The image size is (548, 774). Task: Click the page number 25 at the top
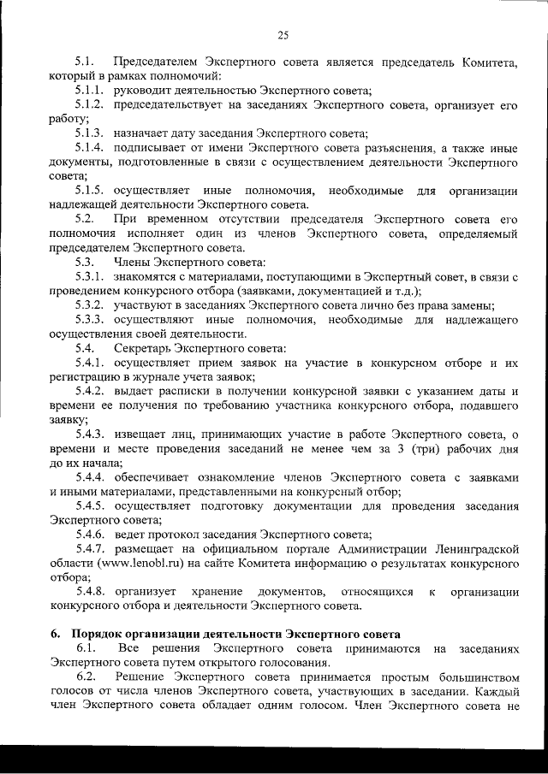pyautogui.click(x=283, y=35)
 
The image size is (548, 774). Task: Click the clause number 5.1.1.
pyautogui.click(x=90, y=91)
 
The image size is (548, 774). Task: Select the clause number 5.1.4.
pyautogui.click(x=90, y=147)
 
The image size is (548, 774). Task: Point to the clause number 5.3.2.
pyautogui.click(x=90, y=305)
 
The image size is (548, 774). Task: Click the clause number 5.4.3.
pyautogui.click(x=90, y=434)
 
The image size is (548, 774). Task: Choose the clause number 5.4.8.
pyautogui.click(x=90, y=592)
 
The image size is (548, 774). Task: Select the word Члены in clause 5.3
pyautogui.click(x=131, y=262)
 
